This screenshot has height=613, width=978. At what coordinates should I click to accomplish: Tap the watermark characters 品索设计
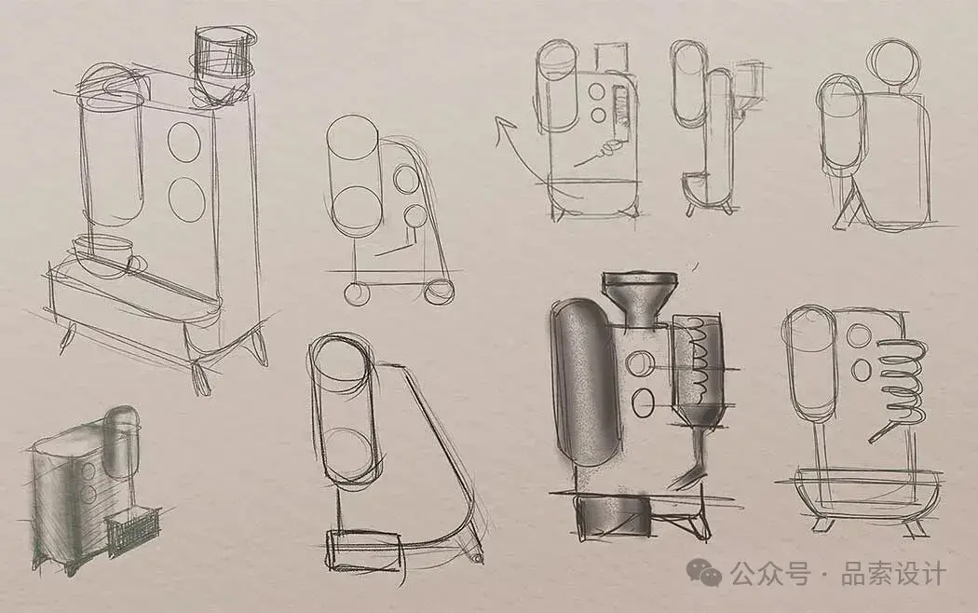click(894, 573)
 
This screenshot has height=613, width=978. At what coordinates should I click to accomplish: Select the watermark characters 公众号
click(771, 573)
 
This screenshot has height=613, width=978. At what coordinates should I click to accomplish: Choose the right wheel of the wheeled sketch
click(439, 292)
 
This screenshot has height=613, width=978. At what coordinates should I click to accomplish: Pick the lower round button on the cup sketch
click(187, 199)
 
